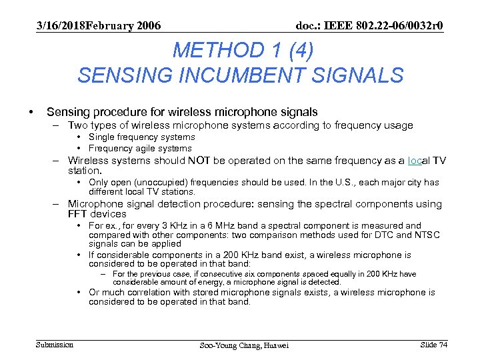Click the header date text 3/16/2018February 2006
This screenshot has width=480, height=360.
click(x=99, y=25)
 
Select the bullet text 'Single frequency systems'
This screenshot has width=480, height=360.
click(x=141, y=137)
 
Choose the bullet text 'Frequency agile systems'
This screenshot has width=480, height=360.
click(x=140, y=148)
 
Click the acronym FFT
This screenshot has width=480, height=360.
click(x=81, y=214)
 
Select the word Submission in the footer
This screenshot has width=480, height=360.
click(x=55, y=344)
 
